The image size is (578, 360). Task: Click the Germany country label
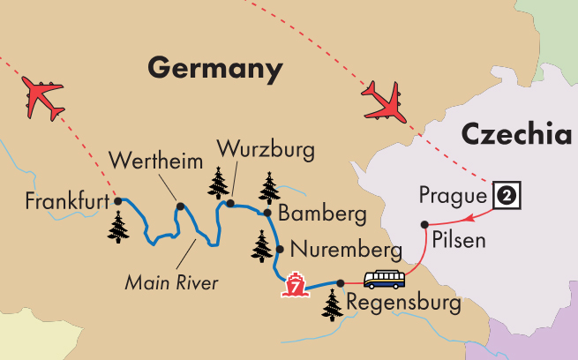tap(216, 66)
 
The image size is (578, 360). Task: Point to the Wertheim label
tap(153, 161)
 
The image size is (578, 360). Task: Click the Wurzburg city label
tap(266, 148)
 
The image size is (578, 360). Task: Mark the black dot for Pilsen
tap(424, 223)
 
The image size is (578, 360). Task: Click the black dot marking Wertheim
tap(180, 207)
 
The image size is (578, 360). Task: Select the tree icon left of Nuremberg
tap(262, 245)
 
